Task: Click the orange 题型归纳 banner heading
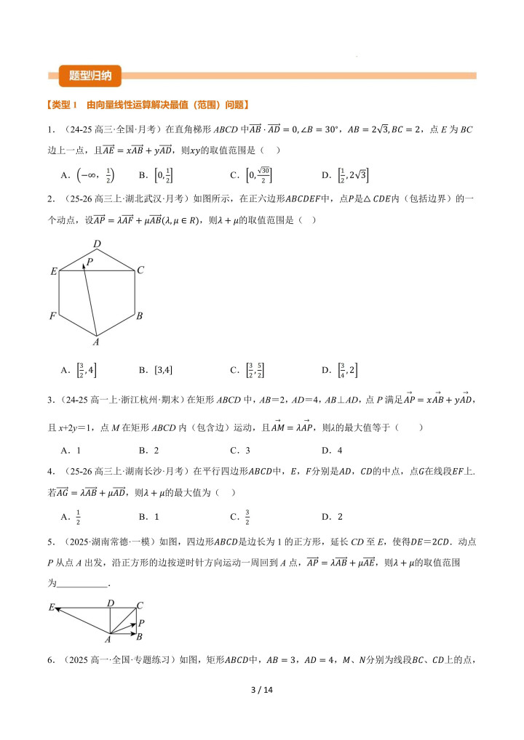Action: pyautogui.click(x=90, y=75)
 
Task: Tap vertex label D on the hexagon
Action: pyautogui.click(x=96, y=244)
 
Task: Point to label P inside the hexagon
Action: pyautogui.click(x=90, y=261)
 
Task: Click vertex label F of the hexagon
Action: pyautogui.click(x=52, y=316)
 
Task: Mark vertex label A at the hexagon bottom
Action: pyautogui.click(x=95, y=341)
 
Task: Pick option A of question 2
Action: pyautogui.click(x=76, y=370)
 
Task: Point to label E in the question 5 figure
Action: pyautogui.click(x=52, y=606)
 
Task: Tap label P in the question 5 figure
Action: pyautogui.click(x=140, y=623)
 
